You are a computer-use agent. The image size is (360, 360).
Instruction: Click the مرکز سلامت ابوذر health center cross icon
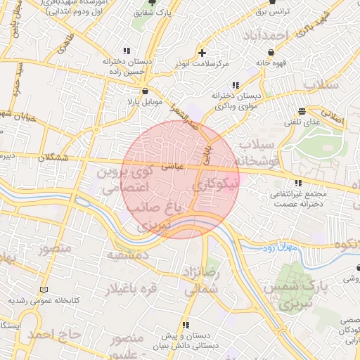202,53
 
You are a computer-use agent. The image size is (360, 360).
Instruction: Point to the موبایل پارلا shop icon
145,91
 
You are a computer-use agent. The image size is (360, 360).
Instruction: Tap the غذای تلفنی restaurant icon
302,111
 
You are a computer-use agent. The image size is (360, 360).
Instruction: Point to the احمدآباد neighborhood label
264,35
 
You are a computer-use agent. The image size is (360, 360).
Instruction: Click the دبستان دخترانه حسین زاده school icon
127,51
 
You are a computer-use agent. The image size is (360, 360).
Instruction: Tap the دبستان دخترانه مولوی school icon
235,85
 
